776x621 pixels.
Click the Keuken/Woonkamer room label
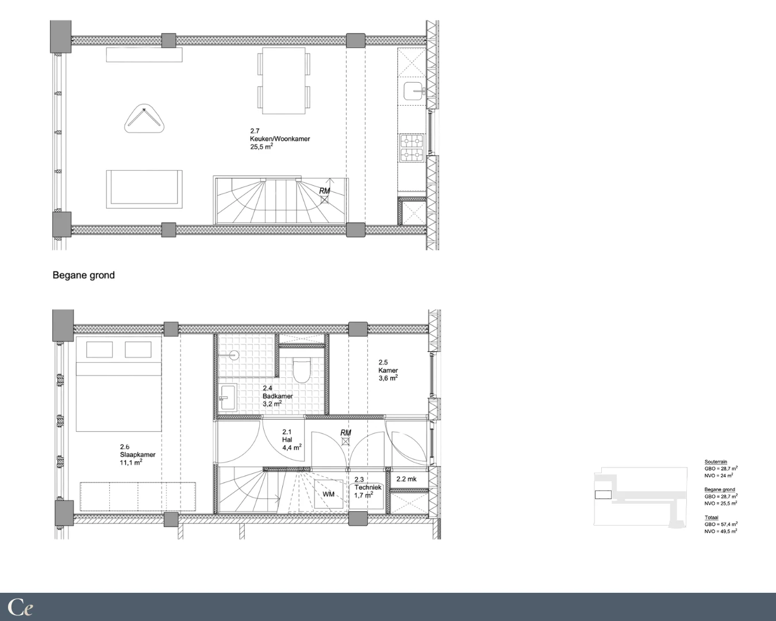point(280,139)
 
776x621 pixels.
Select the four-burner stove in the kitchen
point(412,148)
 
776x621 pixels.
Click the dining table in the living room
point(284,81)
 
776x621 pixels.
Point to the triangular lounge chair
point(144,118)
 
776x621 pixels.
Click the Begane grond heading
point(84,275)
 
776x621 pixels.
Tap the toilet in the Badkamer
point(301,370)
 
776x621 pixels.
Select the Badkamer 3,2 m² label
point(277,396)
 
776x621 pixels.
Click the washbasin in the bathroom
point(228,397)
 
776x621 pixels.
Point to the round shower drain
point(235,355)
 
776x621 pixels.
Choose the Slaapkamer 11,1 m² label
point(138,455)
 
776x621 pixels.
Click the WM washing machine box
point(328,494)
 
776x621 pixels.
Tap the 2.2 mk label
point(406,479)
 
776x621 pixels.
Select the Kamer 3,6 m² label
point(388,370)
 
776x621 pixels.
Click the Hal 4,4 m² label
point(292,439)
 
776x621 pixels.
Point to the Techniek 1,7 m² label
point(368,488)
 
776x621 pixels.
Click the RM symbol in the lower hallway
point(345,437)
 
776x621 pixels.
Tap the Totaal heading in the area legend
point(712,517)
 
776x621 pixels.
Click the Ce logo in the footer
point(20,607)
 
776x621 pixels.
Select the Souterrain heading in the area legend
point(716,462)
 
